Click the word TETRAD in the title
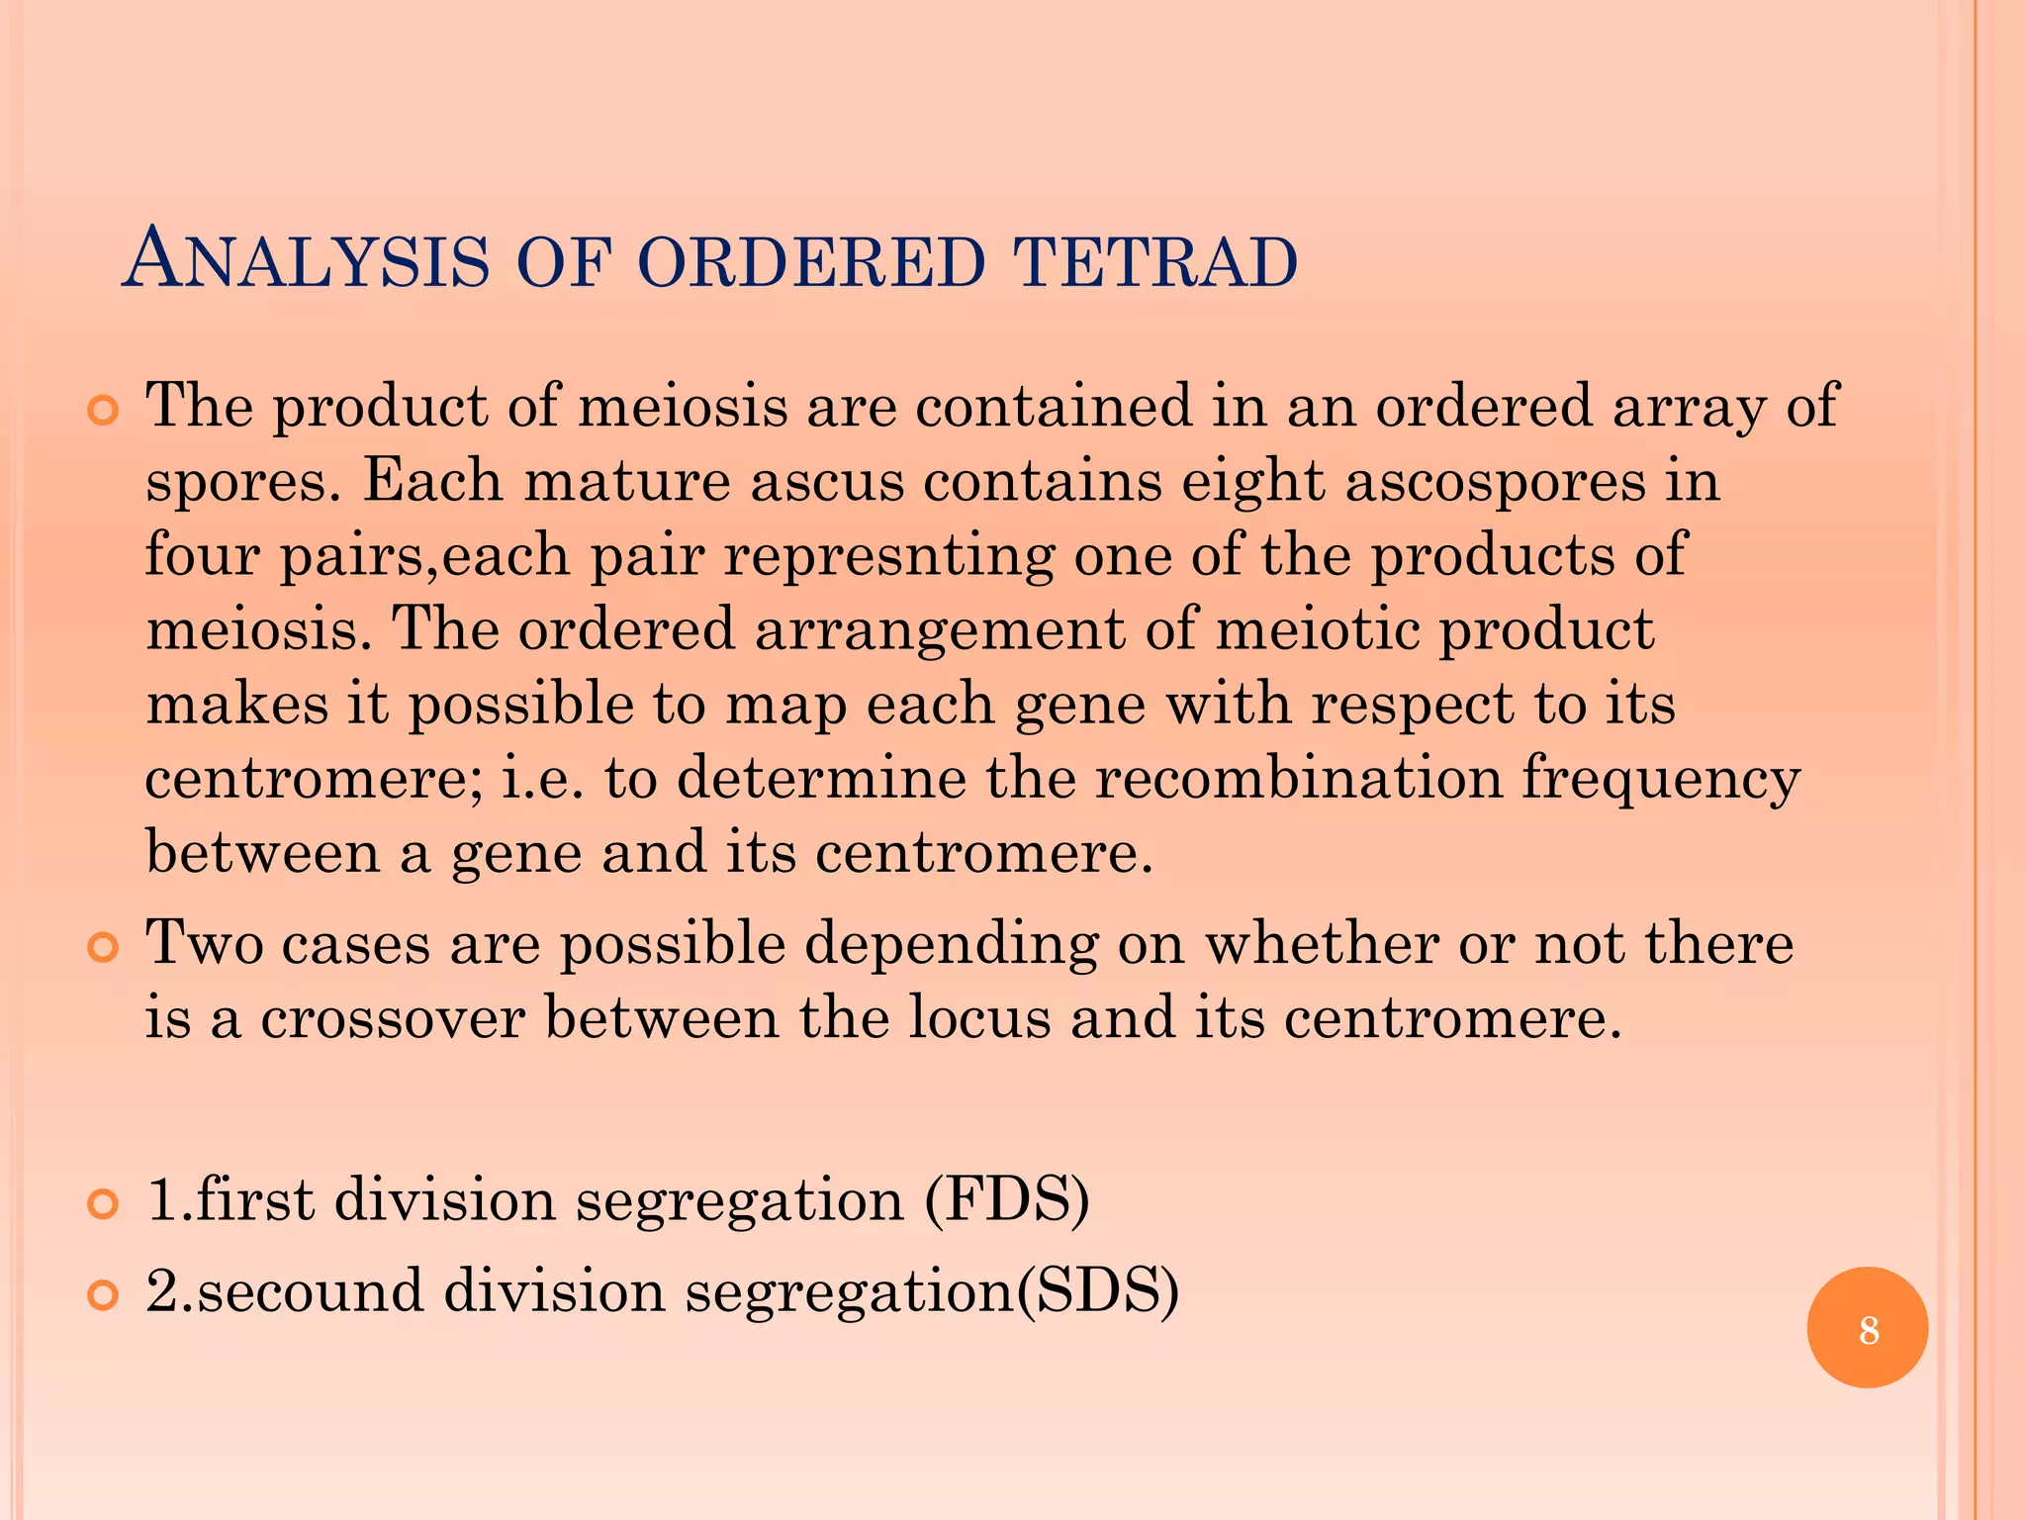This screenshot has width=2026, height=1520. coord(1154,262)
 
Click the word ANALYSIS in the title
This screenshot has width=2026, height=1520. coord(307,260)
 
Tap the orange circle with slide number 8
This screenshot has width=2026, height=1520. coord(1867,1328)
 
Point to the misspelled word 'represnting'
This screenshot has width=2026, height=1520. coord(888,555)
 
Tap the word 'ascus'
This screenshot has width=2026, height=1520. coord(827,482)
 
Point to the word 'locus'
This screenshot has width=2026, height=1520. coord(979,1018)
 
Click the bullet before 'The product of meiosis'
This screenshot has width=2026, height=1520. coord(103,410)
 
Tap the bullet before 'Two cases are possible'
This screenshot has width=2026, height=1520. coord(103,948)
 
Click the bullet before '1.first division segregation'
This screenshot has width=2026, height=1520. coord(103,1203)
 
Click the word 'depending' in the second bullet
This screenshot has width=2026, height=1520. coord(950,946)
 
